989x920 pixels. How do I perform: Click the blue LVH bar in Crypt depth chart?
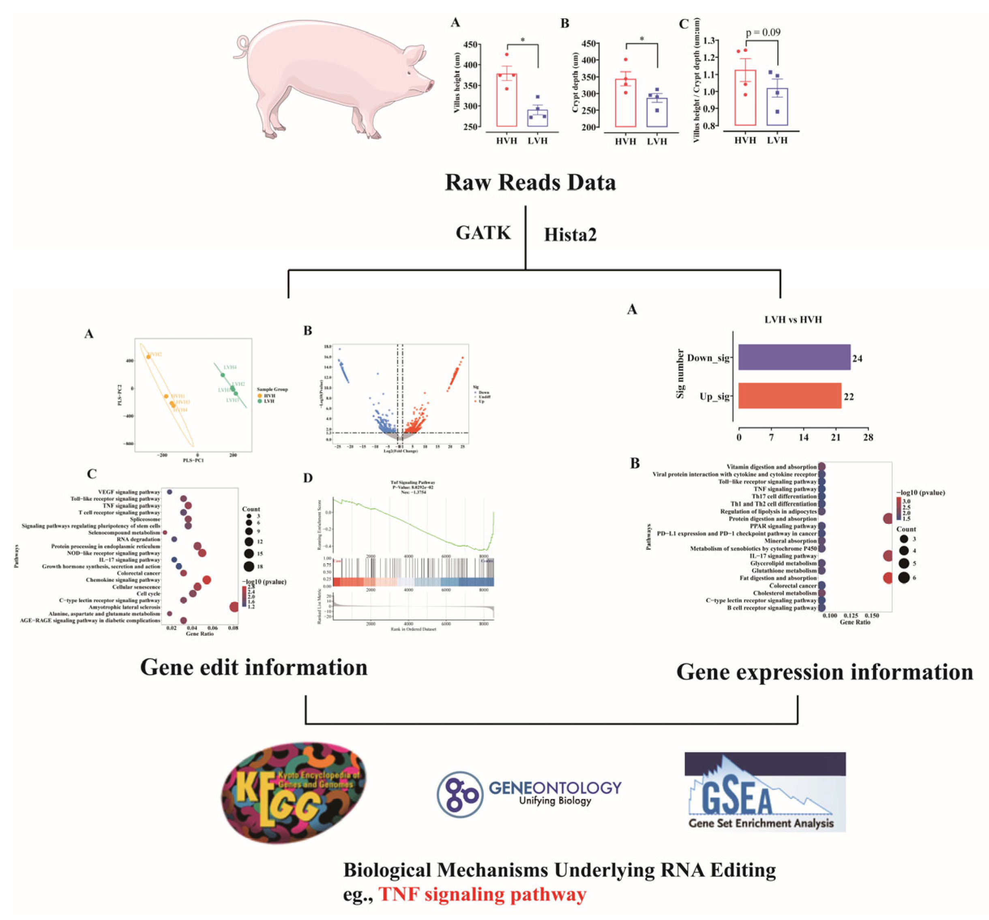coord(656,112)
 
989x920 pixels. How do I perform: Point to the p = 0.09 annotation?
coord(763,32)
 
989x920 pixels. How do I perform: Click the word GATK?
coord(483,233)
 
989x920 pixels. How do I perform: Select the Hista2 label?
coord(570,234)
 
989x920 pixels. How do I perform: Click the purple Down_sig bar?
coord(794,357)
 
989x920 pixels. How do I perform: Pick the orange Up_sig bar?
coord(789,396)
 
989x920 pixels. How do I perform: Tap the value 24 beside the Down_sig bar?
coord(857,358)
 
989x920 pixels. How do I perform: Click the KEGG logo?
coord(294,793)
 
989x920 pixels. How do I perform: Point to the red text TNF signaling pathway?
coord(483,894)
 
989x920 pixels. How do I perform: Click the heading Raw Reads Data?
coord(530,182)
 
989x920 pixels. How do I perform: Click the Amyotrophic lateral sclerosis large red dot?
coord(234,607)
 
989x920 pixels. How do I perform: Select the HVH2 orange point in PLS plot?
coord(148,357)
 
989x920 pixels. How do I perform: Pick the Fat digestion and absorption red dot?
coord(887,578)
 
